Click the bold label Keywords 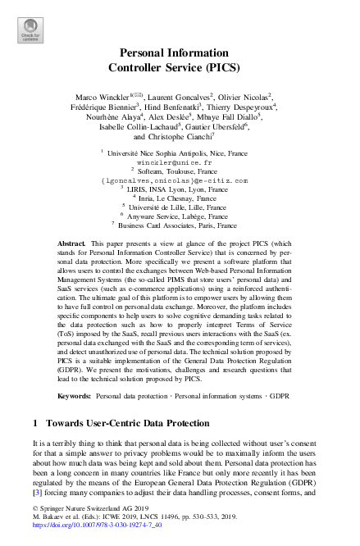(75, 395)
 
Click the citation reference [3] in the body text (35, 495)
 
